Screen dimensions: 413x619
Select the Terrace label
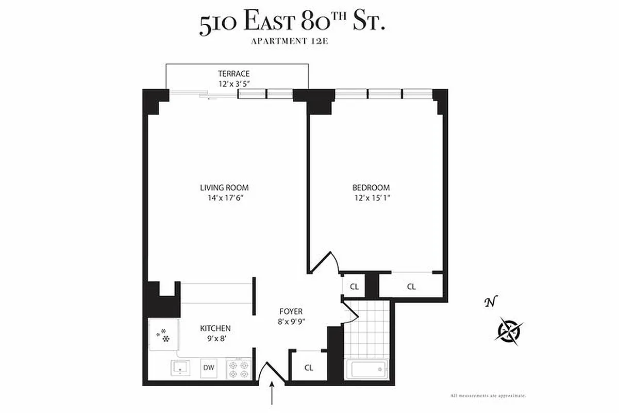point(233,74)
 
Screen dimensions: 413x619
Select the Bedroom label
point(371,188)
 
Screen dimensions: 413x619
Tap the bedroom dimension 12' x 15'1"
point(371,198)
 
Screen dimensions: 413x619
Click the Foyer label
point(291,311)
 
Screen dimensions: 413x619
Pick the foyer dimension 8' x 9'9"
point(291,322)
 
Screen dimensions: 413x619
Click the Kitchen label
point(215,328)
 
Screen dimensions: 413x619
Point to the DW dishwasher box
point(209,368)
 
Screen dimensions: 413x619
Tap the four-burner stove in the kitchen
point(239,370)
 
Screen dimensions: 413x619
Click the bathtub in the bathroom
point(367,370)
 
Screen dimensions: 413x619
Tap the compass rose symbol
point(509,330)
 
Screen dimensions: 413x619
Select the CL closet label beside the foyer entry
point(308,368)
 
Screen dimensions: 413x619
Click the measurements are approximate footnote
point(488,395)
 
